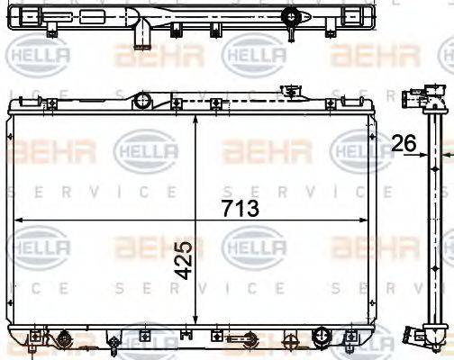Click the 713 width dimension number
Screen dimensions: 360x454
click(239, 209)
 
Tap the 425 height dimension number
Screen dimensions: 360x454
click(184, 259)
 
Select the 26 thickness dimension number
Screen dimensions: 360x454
click(404, 141)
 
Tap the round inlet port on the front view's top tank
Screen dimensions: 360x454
click(141, 101)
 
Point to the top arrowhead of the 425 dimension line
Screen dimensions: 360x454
click(196, 118)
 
